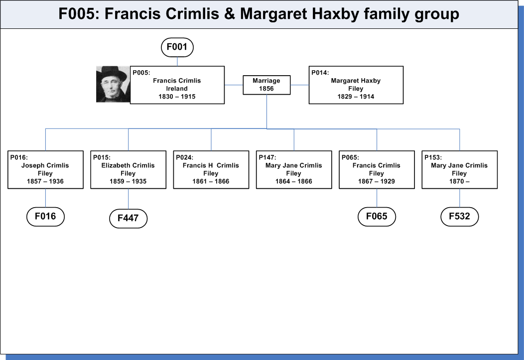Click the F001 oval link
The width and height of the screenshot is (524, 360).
pyautogui.click(x=177, y=47)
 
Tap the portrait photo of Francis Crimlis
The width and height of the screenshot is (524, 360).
pyautogui.click(x=113, y=84)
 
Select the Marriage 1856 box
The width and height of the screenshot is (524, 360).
pyautogui.click(x=266, y=85)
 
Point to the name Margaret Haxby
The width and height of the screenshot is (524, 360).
pyautogui.click(x=356, y=81)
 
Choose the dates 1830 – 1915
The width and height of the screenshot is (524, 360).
pyautogui.click(x=177, y=97)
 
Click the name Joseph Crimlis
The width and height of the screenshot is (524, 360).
pyautogui.click(x=45, y=165)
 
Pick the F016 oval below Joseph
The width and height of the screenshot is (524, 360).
pyautogui.click(x=45, y=217)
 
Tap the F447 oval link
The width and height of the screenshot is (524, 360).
pyautogui.click(x=129, y=219)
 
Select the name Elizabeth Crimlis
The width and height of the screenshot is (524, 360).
pyautogui.click(x=128, y=165)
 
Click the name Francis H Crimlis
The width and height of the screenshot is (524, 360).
pyautogui.click(x=211, y=165)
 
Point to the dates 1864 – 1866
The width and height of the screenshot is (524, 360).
pyautogui.click(x=294, y=181)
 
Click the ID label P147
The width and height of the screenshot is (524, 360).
pyautogui.click(x=267, y=158)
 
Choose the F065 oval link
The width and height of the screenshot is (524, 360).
pyautogui.click(x=377, y=217)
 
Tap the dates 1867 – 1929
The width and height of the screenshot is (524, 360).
pyautogui.click(x=377, y=181)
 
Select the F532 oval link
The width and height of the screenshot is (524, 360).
pyautogui.click(x=460, y=217)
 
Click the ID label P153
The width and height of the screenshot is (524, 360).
pyautogui.click(x=433, y=158)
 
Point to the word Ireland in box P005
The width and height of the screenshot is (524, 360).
pyautogui.click(x=177, y=89)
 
